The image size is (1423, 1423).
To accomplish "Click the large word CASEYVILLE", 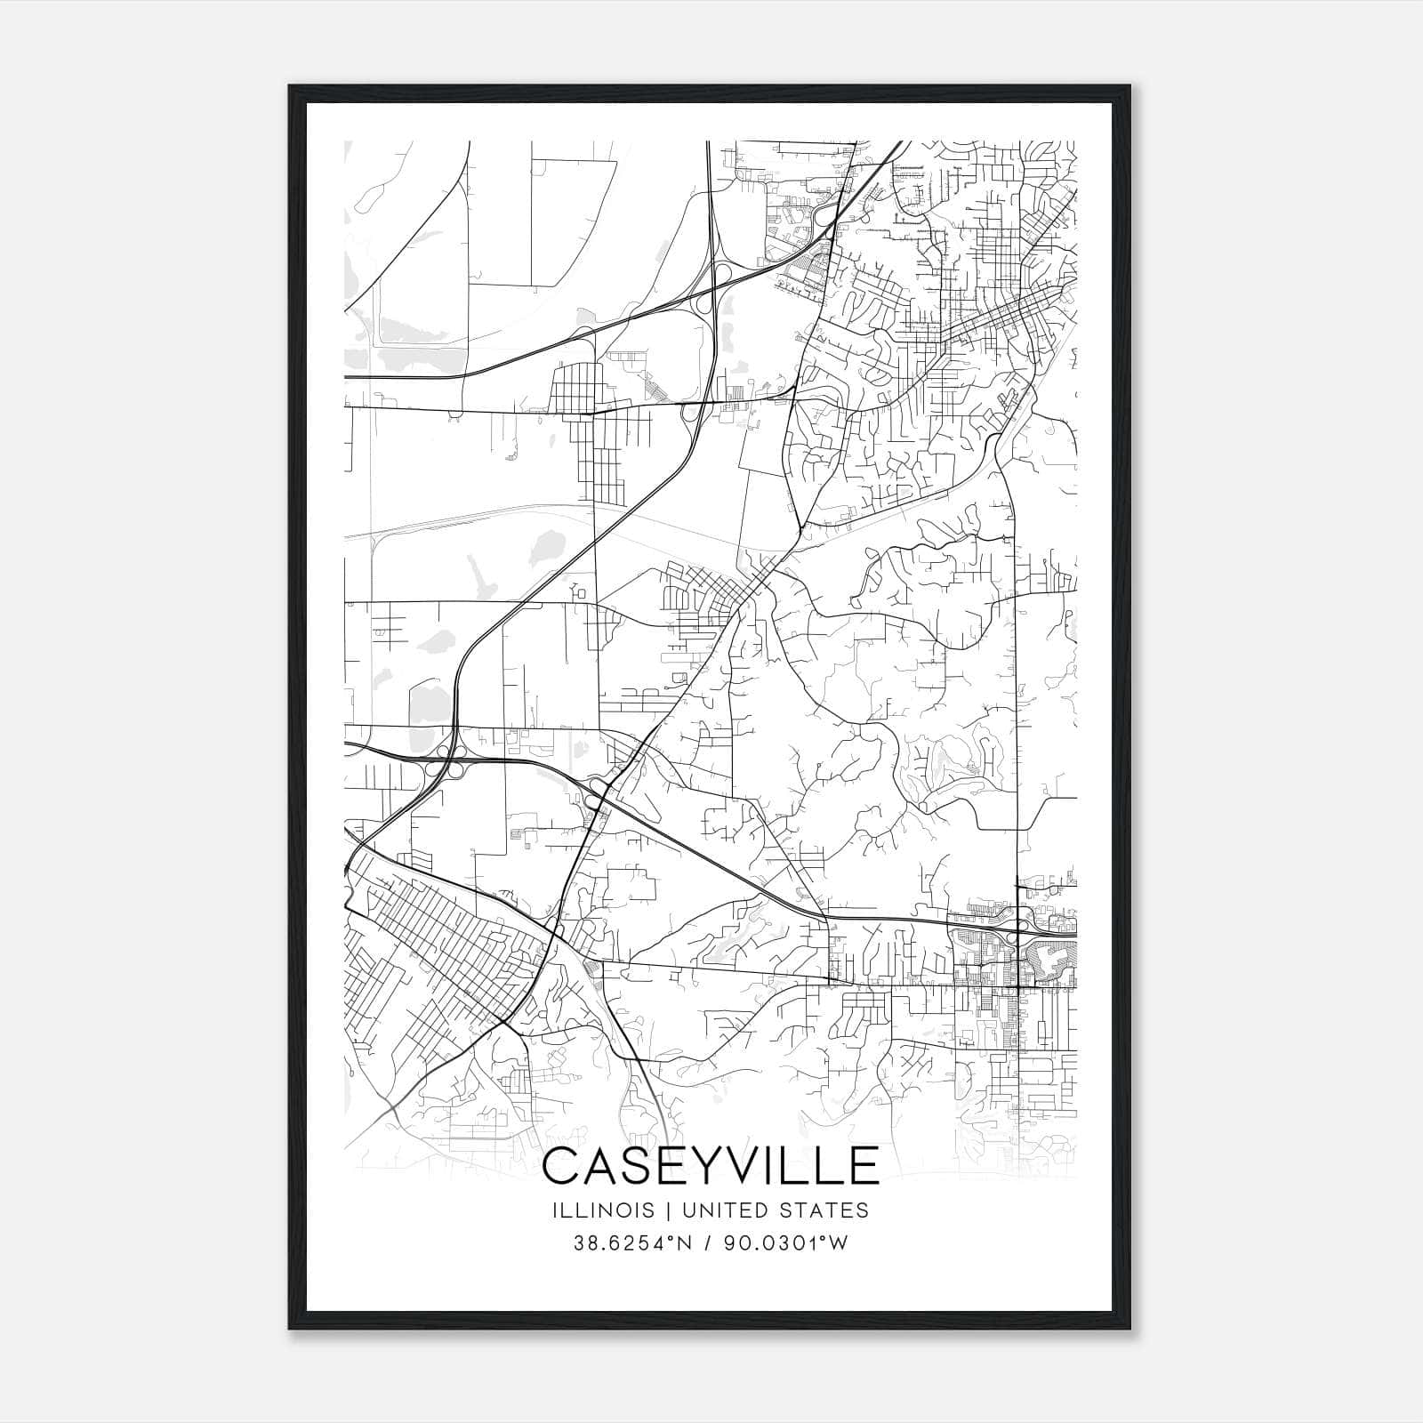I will coord(710,1166).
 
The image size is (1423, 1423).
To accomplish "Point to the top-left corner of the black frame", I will coord(290,86).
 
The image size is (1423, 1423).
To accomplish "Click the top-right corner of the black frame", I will coord(1131,86).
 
